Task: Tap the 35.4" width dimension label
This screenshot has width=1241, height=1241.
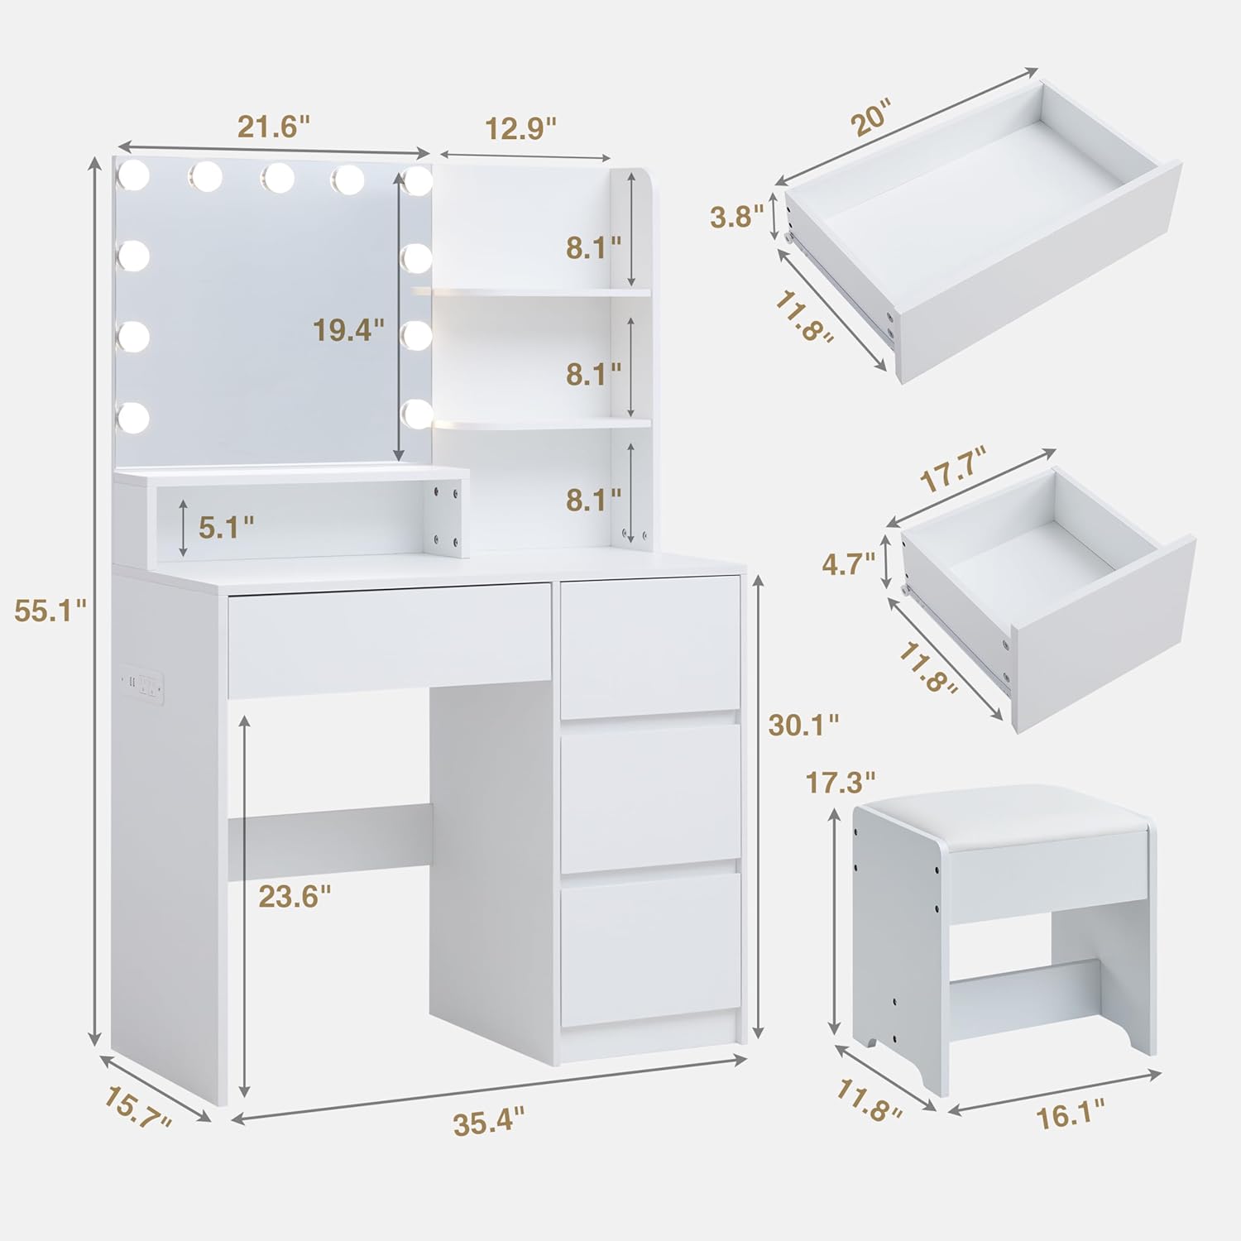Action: coord(489,1124)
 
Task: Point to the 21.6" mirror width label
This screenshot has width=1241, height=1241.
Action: coord(274,127)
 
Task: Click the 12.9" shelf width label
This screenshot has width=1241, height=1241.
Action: coord(520,128)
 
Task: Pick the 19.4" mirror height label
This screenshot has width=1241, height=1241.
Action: coord(348,330)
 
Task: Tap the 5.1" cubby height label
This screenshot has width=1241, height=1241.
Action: coord(226,527)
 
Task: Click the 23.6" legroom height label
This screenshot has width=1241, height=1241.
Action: coord(295,895)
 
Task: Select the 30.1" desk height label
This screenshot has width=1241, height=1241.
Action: coord(803,725)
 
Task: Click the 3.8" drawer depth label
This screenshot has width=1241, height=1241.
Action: coord(736,217)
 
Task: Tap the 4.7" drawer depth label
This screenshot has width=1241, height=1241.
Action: coord(848,564)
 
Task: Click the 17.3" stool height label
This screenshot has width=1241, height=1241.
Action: coord(841,782)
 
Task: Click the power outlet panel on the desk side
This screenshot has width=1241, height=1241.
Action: coord(142,683)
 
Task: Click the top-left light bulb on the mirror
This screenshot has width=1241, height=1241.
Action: coord(132,175)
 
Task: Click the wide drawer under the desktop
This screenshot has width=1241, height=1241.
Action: coord(390,640)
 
